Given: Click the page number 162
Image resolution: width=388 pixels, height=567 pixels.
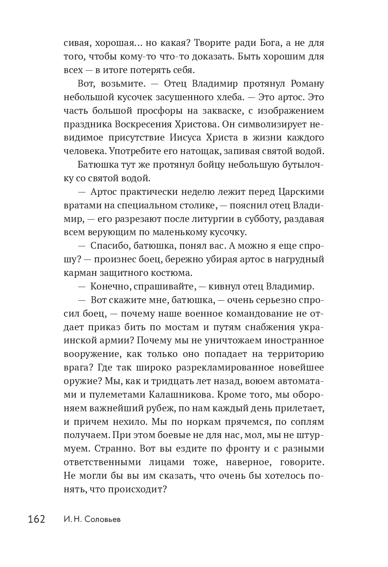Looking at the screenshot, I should coord(36,519).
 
